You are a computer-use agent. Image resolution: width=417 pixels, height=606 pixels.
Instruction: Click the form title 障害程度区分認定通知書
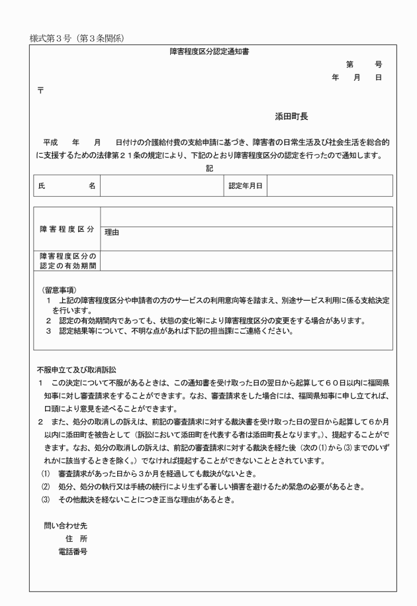213,52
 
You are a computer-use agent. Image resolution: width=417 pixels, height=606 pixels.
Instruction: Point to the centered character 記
209,168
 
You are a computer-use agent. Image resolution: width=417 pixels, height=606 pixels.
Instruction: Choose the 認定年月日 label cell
245,186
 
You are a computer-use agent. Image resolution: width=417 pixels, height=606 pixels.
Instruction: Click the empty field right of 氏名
162,186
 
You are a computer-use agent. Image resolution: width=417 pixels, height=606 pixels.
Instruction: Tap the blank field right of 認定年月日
330,186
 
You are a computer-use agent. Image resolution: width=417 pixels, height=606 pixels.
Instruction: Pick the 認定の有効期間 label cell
67,261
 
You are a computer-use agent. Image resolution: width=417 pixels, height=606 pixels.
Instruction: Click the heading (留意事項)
59,289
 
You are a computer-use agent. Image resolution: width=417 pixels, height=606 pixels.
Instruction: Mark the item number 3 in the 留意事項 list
48,331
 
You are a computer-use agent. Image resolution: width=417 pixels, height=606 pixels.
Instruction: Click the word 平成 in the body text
52,142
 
